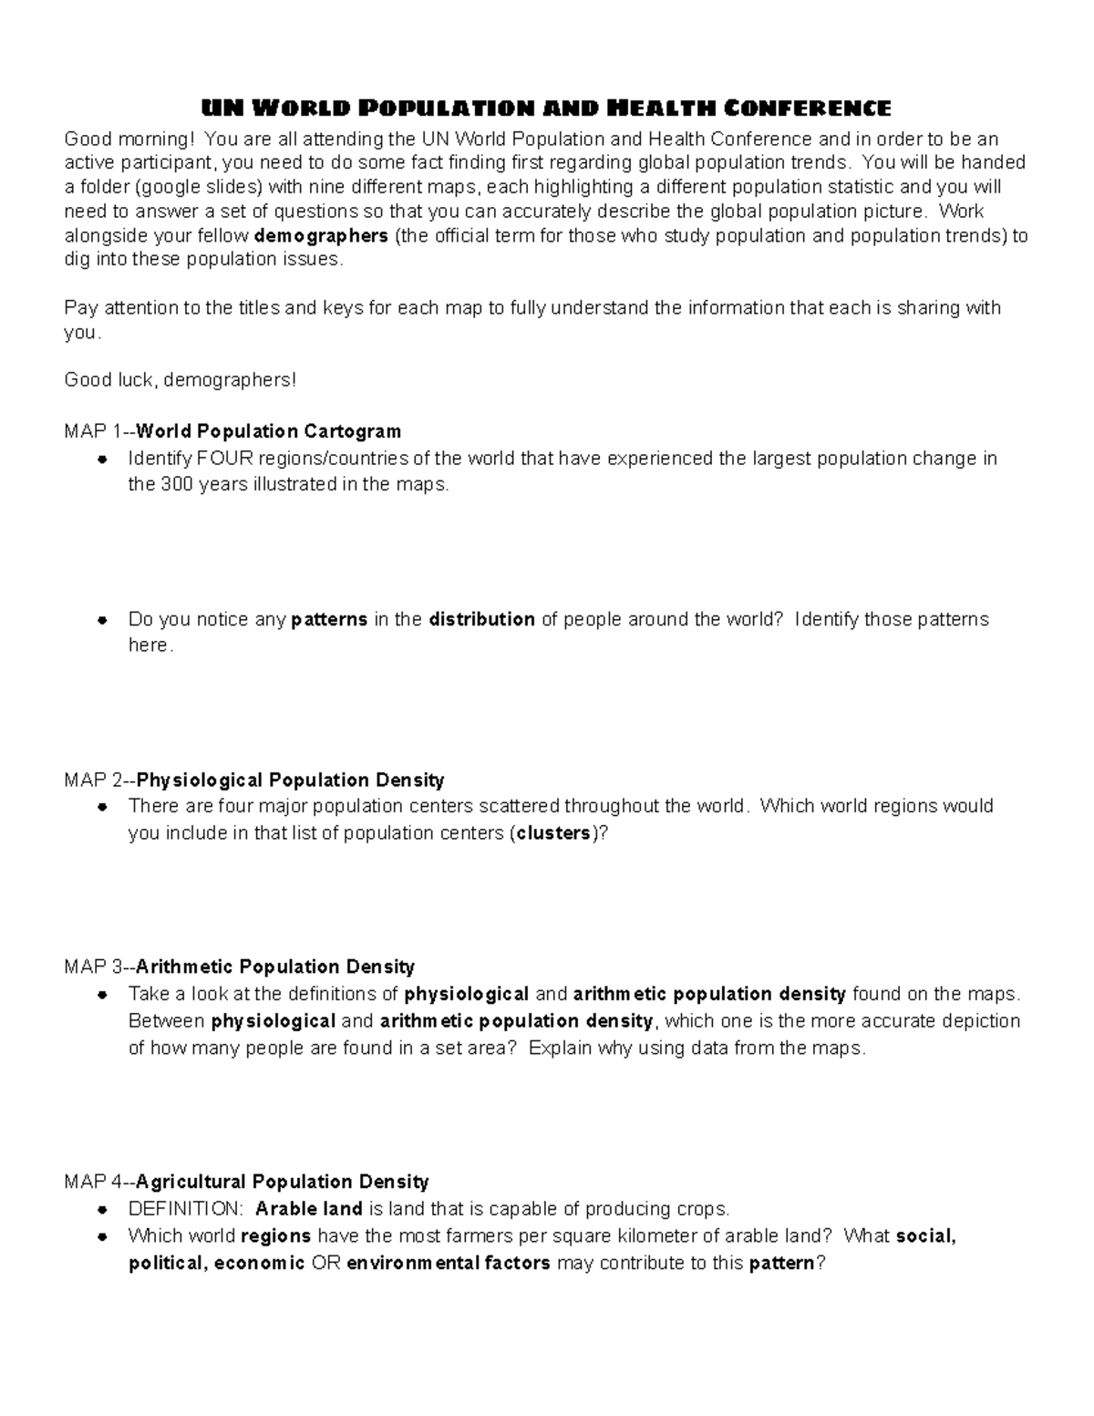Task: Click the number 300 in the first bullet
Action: [x=175, y=484]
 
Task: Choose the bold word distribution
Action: [x=481, y=619]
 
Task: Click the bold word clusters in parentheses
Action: [x=553, y=832]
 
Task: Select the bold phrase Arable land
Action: [x=309, y=1209]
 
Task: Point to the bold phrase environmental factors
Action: [x=449, y=1263]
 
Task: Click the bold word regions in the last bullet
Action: [x=275, y=1236]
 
